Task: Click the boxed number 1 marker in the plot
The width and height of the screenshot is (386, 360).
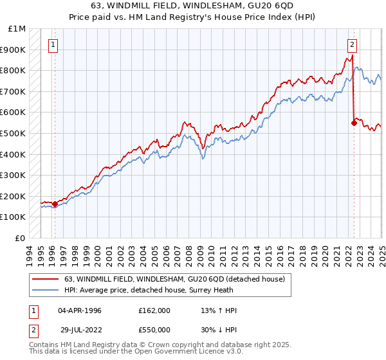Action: tap(52, 45)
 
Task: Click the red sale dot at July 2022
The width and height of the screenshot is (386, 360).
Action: tap(354, 123)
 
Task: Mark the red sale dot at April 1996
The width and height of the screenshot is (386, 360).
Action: tap(55, 204)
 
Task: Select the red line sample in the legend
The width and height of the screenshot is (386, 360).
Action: tap(45, 279)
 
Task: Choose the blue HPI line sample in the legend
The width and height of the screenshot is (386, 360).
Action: tap(45, 290)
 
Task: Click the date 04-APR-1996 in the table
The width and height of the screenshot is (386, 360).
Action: tap(80, 310)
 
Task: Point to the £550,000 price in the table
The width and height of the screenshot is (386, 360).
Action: tap(154, 330)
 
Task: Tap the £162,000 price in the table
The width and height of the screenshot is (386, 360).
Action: tap(154, 310)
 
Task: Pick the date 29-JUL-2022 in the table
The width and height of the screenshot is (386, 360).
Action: tap(80, 330)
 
